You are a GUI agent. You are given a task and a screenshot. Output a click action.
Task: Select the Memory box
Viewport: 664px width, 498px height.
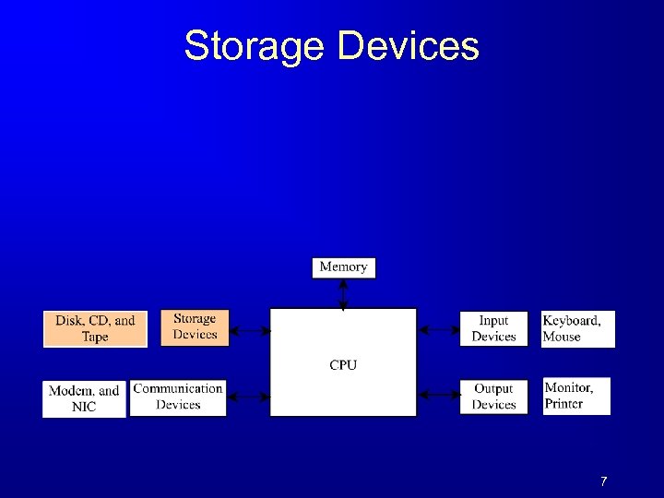tap(343, 267)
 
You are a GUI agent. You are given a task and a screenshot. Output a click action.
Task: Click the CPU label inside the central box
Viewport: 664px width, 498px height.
tap(343, 365)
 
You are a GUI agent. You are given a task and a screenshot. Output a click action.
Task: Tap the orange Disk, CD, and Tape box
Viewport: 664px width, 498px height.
tap(95, 329)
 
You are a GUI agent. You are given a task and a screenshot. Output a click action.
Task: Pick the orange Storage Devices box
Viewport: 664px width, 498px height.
tap(195, 327)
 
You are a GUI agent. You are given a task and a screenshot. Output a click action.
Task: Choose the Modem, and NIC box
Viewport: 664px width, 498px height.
tap(84, 398)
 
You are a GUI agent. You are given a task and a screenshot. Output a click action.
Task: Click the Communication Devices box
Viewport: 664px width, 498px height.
tap(178, 397)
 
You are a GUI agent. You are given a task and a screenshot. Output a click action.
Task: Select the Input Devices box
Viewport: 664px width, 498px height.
tap(493, 328)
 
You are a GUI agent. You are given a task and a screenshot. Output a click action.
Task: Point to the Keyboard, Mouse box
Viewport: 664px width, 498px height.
tap(577, 328)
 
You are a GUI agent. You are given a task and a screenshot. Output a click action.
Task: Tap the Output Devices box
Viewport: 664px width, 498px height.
tap(493, 397)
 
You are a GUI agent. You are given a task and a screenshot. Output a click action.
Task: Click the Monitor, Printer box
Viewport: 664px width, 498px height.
tap(577, 396)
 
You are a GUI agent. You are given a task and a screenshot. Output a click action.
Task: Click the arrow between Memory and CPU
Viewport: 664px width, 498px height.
tap(343, 293)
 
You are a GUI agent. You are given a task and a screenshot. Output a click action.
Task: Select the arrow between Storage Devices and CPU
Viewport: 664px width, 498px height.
tap(248, 329)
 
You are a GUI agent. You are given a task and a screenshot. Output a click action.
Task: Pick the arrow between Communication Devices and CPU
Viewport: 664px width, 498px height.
tap(248, 397)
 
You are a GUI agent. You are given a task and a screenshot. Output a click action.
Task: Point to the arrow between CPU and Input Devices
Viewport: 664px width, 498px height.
tap(438, 328)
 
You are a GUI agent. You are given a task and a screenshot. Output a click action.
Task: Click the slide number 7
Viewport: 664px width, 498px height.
tap(603, 481)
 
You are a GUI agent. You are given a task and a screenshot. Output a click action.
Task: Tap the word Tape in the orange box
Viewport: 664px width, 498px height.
tap(95, 338)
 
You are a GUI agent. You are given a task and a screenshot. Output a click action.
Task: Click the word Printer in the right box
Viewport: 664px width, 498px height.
tap(564, 404)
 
